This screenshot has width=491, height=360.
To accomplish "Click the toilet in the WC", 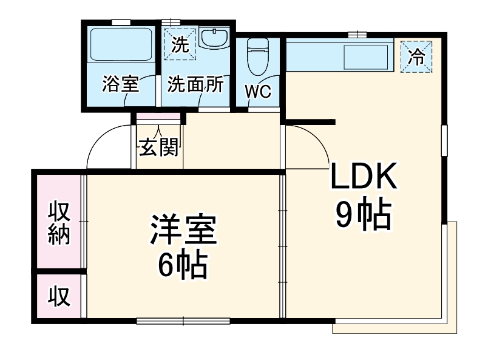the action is pos(258,56).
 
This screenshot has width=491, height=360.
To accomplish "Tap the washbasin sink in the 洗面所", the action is pos(214,38).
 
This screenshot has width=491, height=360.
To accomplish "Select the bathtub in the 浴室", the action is pos(121,45).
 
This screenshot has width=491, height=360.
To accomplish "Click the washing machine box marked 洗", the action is pos(180,44).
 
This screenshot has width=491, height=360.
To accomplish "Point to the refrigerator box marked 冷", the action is pos(416,56).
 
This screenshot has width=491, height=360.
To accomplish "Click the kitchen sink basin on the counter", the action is pos(366,57).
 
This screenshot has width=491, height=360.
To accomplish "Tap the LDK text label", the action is pos(363,175).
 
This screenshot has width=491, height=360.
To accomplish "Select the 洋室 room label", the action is pos(183,229).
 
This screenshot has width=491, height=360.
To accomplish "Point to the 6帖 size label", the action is pos(183,265).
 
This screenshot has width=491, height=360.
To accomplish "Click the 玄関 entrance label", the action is pos(159,147).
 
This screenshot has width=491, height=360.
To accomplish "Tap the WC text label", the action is pos(258,92).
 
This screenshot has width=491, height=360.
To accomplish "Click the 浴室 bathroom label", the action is pos(121,84).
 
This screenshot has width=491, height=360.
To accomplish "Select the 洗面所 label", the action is pos(195,84).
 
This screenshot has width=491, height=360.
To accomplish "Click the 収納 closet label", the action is pos(59,223).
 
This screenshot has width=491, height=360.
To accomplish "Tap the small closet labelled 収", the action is pos(59,296).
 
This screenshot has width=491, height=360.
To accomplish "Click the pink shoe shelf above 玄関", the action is pos(158,116).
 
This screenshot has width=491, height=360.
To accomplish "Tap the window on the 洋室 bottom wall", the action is pos(183,321).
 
